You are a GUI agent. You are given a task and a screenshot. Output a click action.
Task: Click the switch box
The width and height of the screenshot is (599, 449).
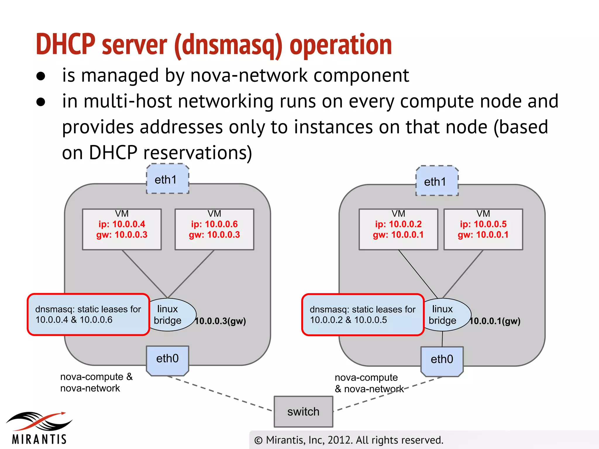point(303,412)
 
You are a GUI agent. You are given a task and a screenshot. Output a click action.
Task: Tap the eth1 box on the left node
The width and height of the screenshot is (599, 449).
point(168,179)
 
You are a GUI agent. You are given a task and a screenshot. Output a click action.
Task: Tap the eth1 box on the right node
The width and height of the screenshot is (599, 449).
point(437,181)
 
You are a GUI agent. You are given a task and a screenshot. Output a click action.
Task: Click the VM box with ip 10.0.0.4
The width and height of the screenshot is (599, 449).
point(122,229)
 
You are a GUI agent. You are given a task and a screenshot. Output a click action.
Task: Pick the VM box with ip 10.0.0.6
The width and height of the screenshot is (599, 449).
point(214,229)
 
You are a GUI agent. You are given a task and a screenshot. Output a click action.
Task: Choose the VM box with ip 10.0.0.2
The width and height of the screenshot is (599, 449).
point(398,229)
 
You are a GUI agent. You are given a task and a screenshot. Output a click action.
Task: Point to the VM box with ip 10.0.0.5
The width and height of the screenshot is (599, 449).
point(483,229)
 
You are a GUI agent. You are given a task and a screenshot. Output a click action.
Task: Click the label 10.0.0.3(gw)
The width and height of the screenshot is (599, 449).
point(221,321)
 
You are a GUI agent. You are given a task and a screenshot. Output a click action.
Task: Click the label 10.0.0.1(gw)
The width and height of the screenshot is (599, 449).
point(495,321)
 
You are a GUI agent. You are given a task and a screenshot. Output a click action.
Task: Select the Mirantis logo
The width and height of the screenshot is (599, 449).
point(39,428)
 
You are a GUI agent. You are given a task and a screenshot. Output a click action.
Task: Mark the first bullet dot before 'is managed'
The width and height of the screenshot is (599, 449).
point(41,76)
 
